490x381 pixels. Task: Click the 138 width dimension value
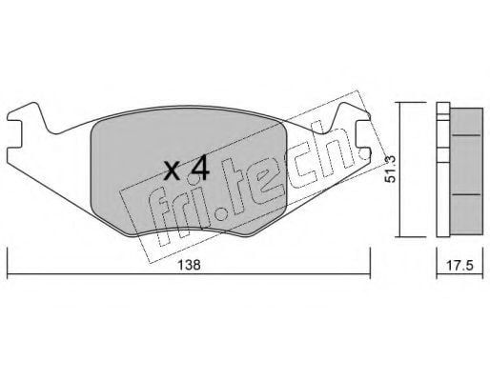pos(189,265)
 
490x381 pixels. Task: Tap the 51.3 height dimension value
pos(390,169)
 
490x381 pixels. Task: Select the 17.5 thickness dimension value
pos(459,265)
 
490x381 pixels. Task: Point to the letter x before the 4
pos(173,171)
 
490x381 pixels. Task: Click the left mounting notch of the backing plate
pos(14,134)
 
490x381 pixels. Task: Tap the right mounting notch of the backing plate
pos(363,134)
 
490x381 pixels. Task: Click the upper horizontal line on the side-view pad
pos(466,135)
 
